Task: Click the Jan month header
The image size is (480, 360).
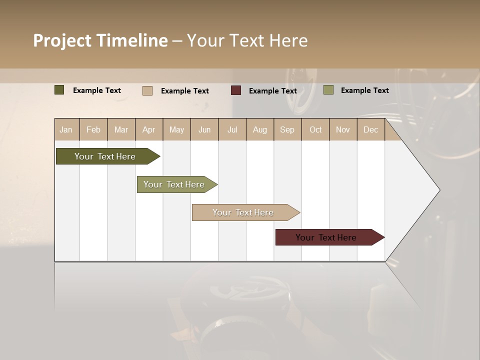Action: pos(66,129)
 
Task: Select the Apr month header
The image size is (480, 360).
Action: pos(149,129)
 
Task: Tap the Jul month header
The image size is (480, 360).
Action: pos(232,129)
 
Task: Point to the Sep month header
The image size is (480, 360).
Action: pos(287,129)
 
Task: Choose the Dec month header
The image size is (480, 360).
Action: pos(370,129)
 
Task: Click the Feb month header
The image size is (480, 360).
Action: pos(93,129)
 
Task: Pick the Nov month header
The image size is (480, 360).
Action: pos(342,129)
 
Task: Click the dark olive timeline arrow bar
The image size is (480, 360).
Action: pos(105,156)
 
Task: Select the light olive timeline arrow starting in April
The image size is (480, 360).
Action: pos(174,184)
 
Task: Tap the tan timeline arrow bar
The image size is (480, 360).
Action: pos(243,212)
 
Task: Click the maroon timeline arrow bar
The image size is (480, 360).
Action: pos(326,237)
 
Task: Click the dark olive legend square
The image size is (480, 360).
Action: pos(59,90)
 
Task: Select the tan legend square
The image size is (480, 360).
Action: pos(147,90)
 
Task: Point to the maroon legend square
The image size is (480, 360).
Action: pos(236,90)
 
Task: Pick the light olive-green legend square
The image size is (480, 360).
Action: pos(328,90)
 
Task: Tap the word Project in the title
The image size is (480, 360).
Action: pos(62,40)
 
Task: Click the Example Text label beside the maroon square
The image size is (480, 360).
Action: pos(272,91)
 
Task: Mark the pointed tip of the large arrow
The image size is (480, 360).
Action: pos(439,190)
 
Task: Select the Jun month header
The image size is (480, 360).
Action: pos(204,129)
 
